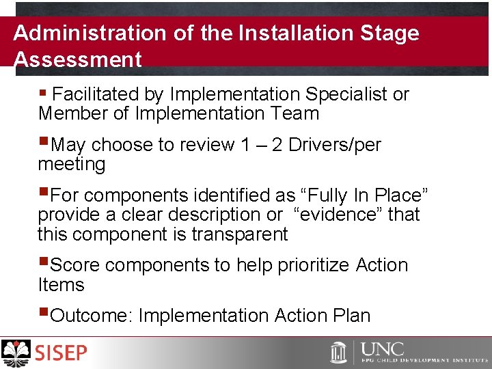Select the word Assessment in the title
click(77, 59)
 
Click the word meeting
click(72, 165)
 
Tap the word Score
click(75, 265)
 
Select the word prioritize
click(313, 265)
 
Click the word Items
click(61, 285)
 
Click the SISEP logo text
click(61, 353)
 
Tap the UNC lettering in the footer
click(382, 349)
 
